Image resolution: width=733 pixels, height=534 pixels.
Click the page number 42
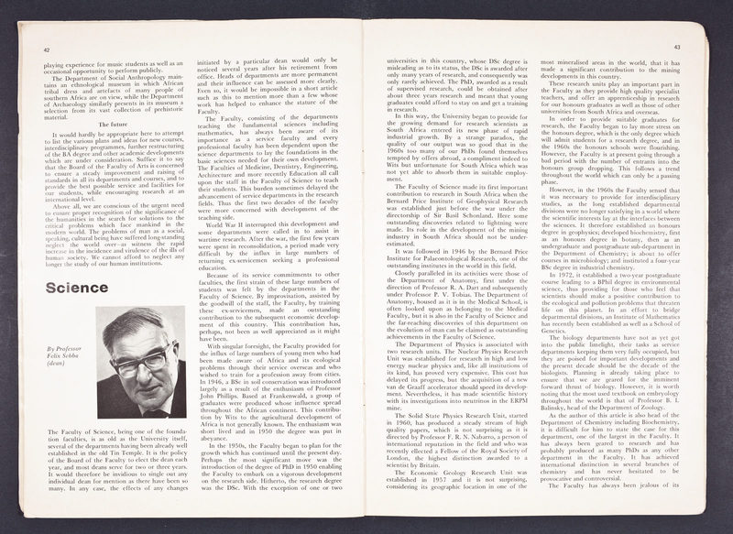pos(47,50)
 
